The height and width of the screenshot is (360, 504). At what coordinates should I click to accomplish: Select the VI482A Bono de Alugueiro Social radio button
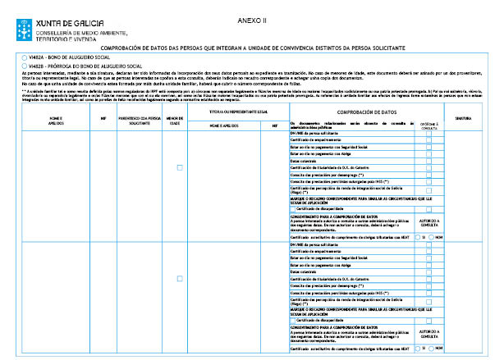coord(24,57)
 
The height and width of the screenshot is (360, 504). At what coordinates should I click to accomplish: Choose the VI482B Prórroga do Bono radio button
coord(24,65)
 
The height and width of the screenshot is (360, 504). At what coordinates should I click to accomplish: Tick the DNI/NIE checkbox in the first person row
coord(428,132)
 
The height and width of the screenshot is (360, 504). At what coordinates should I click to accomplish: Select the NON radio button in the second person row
coord(431,348)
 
